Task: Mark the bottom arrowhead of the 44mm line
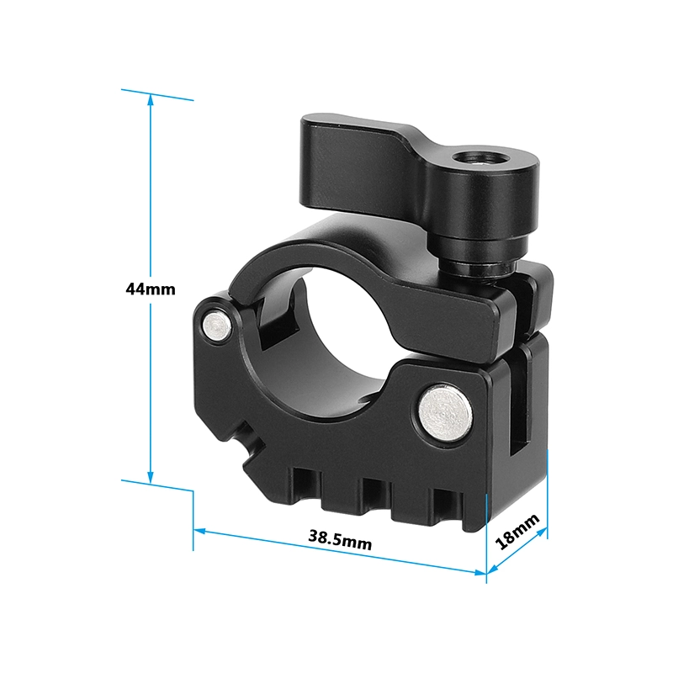coord(150,478)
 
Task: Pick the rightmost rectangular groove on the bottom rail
coord(443,506)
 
